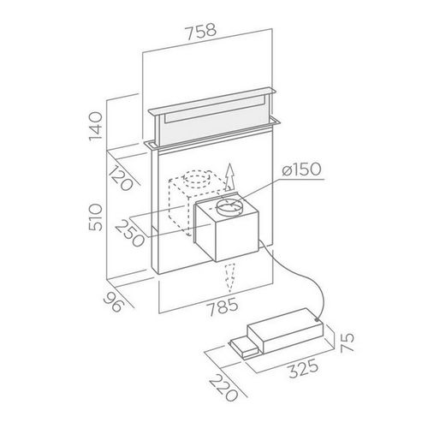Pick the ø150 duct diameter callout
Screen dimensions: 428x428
[x=300, y=169]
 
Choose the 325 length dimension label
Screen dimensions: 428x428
[x=294, y=373]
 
